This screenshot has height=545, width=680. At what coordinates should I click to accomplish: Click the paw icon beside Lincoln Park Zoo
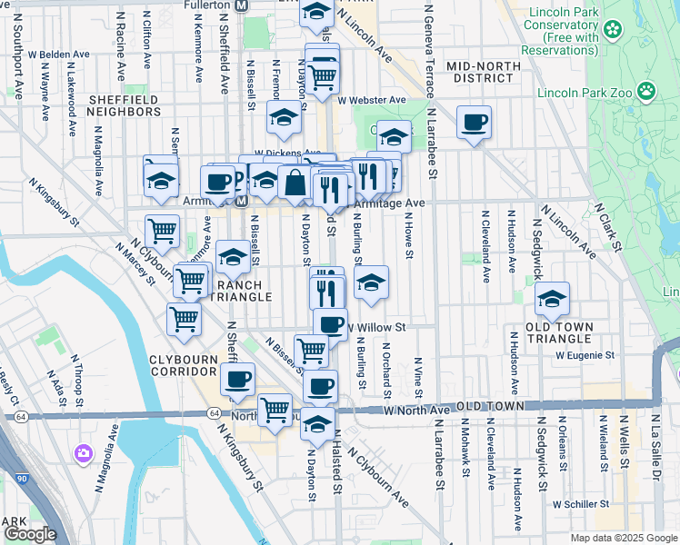click(646, 90)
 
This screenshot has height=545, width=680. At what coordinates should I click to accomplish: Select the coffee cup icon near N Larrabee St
click(474, 123)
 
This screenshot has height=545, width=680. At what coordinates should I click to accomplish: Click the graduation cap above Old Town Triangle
click(552, 298)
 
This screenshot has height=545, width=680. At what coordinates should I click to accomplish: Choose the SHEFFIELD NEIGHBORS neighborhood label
click(124, 104)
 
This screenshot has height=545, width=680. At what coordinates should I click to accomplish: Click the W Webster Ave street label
click(372, 99)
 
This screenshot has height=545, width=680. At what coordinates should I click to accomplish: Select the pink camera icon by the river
click(84, 451)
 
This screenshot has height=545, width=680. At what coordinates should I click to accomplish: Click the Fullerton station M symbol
click(241, 5)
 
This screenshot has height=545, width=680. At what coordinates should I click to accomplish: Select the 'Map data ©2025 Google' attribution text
click(623, 538)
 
